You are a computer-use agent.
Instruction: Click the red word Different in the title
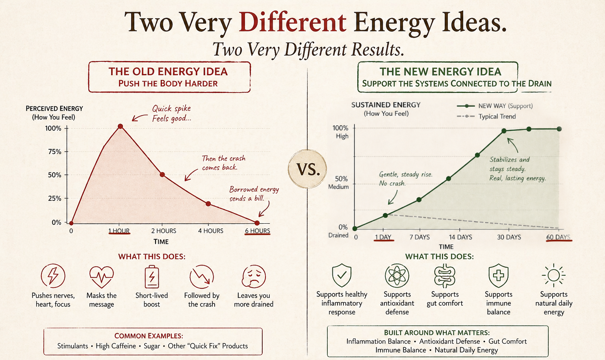click(292, 22)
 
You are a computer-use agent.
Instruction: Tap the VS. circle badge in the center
click(307, 169)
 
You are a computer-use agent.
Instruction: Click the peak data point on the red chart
click(121, 126)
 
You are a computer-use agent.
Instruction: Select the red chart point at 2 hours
click(162, 175)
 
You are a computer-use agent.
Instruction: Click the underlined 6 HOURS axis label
click(257, 231)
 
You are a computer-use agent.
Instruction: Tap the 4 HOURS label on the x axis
click(211, 231)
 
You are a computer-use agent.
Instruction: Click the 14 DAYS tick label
click(460, 237)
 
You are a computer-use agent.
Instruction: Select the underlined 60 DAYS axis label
click(559, 238)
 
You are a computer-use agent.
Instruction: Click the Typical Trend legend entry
click(486, 117)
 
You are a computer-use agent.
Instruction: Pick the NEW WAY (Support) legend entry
click(495, 106)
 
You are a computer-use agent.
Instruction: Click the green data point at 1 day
click(386, 215)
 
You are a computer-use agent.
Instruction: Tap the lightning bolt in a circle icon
click(53, 276)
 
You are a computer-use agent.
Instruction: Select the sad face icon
click(254, 276)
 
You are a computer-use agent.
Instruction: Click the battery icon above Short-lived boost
click(152, 277)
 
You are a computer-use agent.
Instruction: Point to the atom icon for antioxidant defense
click(397, 276)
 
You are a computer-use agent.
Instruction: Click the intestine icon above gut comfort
click(445, 276)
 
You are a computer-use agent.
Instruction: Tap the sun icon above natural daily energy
click(554, 275)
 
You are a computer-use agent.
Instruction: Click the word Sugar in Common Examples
click(152, 346)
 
